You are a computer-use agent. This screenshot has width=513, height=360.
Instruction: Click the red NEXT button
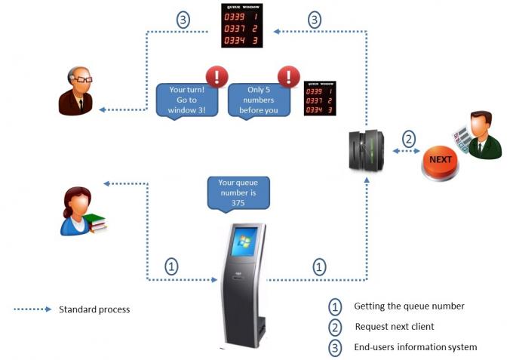click(441, 160)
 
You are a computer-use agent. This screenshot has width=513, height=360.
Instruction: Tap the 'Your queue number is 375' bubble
click(238, 192)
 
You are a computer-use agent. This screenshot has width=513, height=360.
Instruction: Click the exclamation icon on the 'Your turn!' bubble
click(217, 76)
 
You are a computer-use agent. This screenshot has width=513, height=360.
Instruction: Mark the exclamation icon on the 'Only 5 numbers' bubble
click(287, 76)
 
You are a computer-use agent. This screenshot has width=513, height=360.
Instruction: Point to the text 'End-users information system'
click(416, 347)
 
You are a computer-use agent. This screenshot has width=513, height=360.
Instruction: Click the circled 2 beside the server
click(408, 138)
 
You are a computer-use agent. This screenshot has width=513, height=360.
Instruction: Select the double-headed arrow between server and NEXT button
click(408, 152)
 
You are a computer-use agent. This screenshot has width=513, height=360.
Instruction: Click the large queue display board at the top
click(241, 26)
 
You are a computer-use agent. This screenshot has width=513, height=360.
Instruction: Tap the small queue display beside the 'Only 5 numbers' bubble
click(319, 99)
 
